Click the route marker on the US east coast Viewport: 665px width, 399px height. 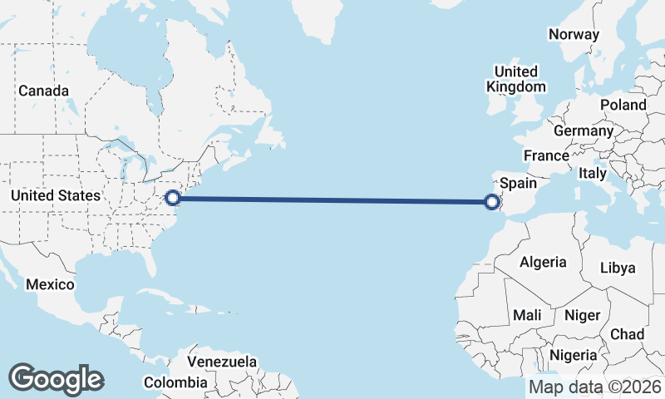173,198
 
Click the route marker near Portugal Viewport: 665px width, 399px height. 492,200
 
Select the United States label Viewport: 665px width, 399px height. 56,195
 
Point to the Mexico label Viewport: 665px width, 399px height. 50,284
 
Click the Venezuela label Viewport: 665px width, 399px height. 222,362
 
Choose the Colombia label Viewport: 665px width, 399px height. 175,382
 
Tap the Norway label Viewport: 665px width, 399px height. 574,35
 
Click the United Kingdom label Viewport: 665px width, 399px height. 515,79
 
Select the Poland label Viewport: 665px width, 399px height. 623,105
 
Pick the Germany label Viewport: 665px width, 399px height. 583,131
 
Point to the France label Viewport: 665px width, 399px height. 546,155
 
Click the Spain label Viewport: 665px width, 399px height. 518,182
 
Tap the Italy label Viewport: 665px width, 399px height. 593,173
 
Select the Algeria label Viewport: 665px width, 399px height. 544,262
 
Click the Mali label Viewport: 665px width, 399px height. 527,315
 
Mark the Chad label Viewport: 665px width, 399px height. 627,334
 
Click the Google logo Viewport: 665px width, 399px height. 56,378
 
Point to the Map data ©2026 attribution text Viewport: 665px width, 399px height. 595,387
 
